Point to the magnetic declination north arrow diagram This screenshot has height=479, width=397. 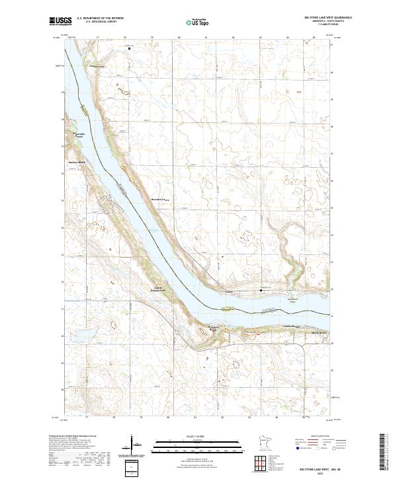click(131, 443)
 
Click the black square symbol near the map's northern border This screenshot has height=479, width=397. click(130, 48)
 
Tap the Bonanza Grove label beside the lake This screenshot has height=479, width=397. click(161, 198)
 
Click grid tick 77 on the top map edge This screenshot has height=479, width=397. click(98, 38)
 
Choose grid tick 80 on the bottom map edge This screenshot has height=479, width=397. click(168, 418)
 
